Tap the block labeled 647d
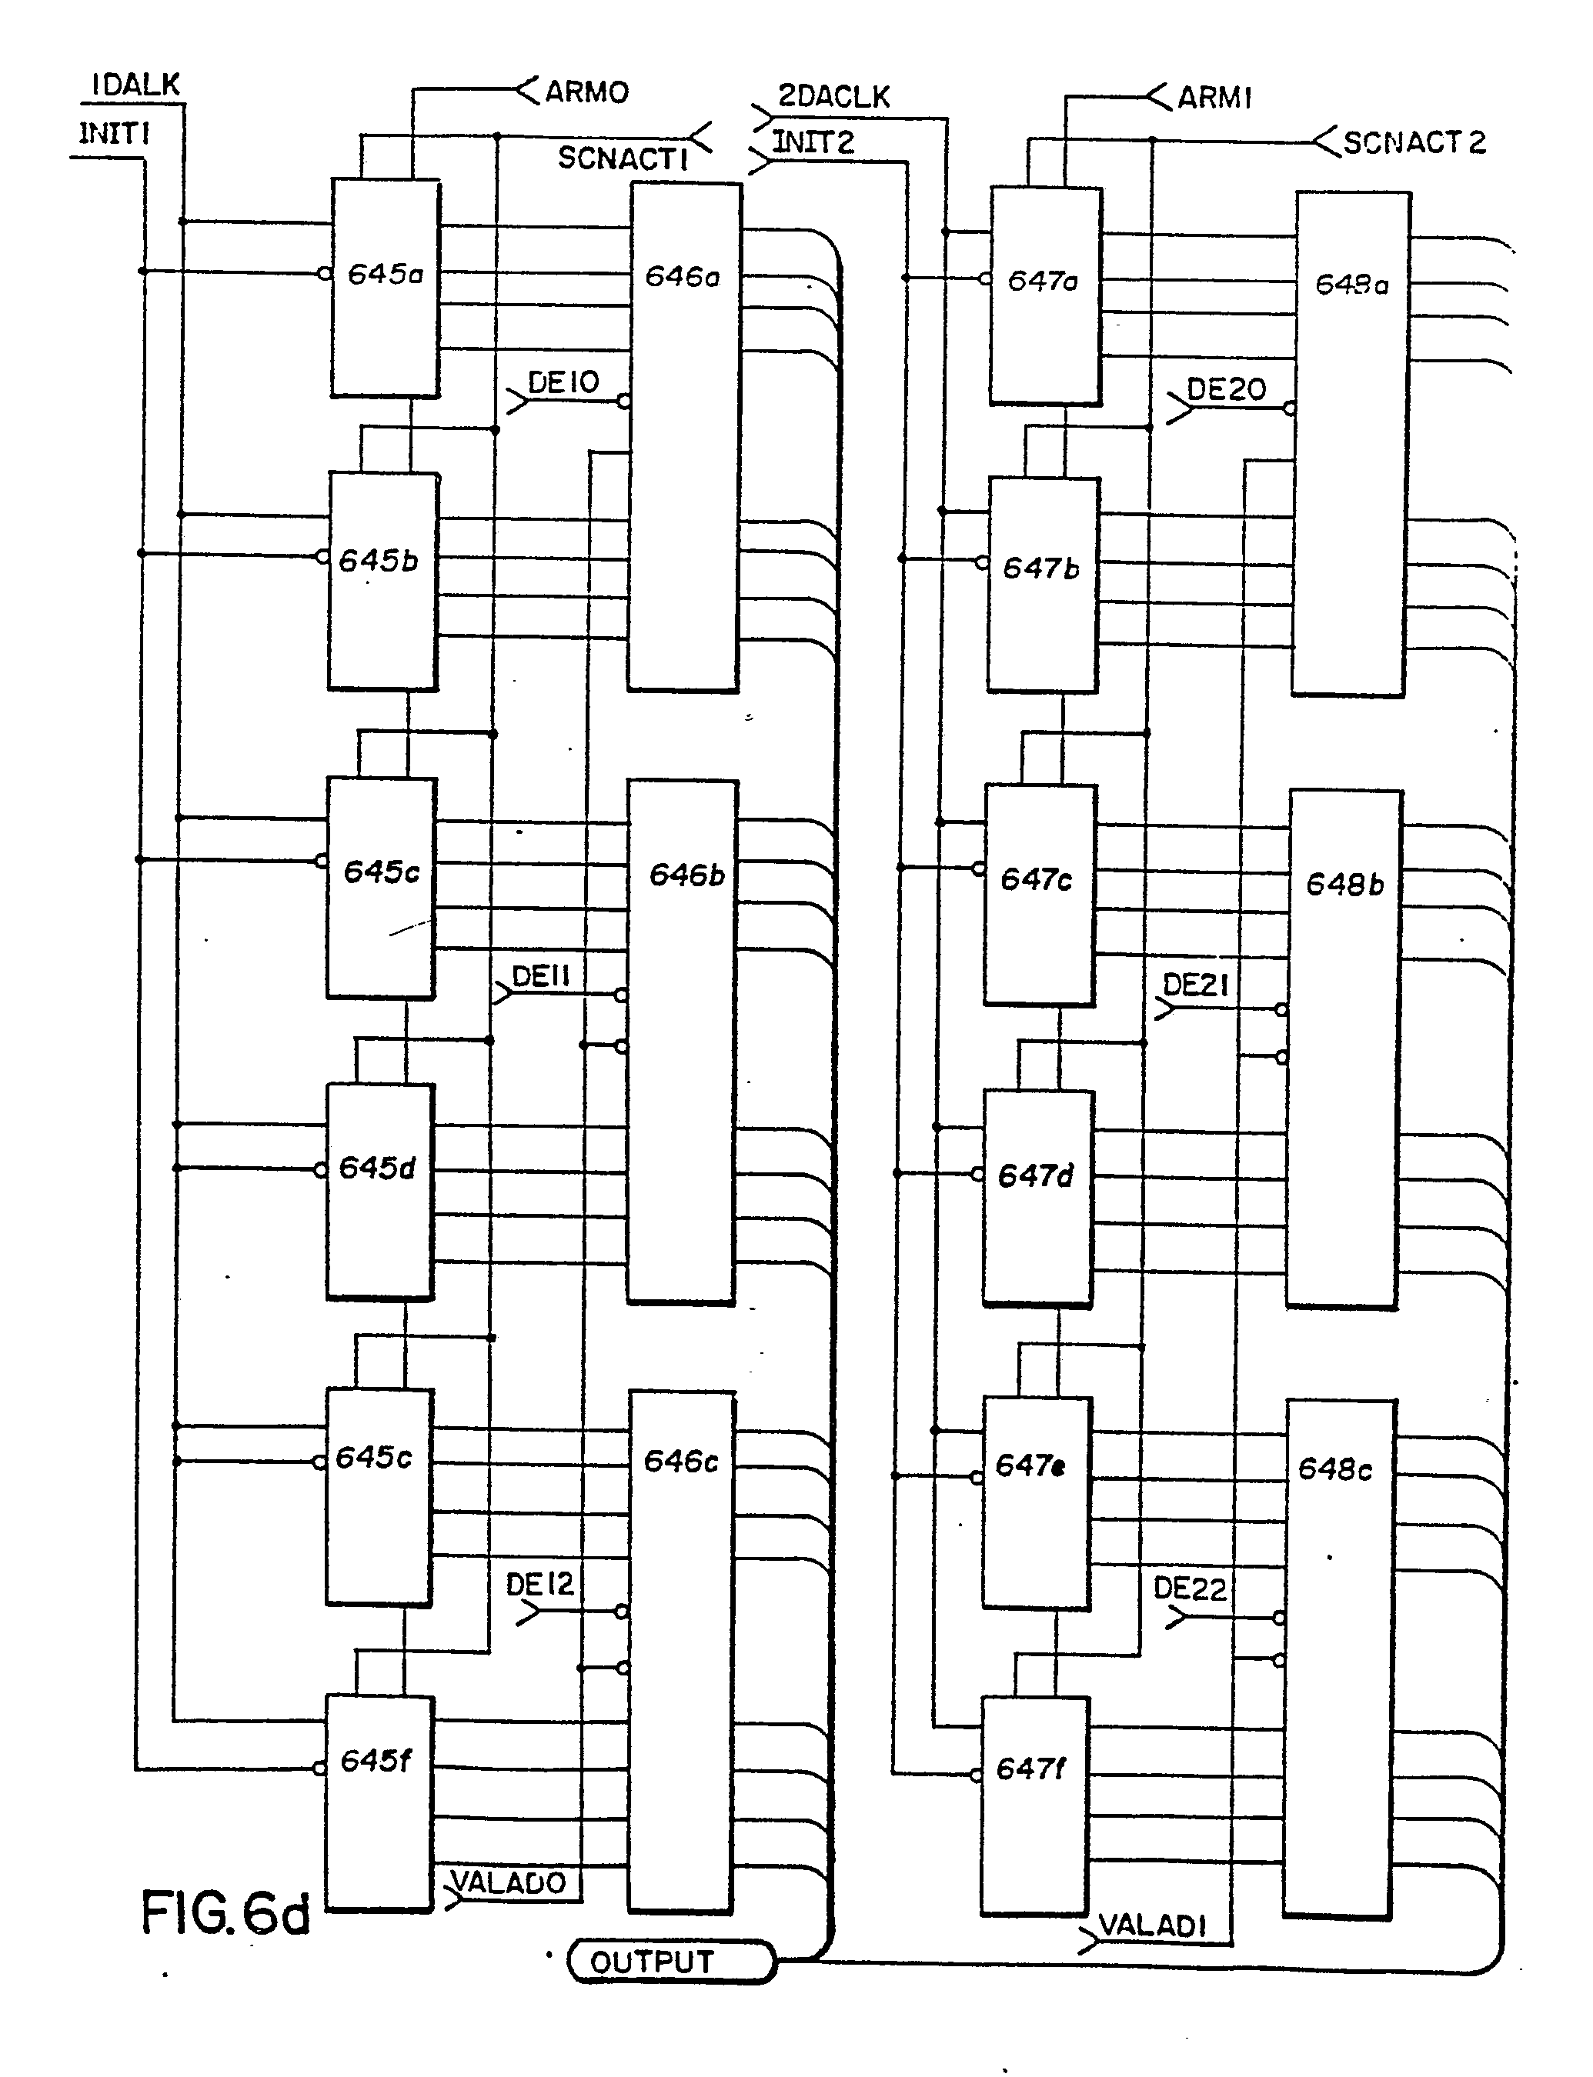point(1037,1197)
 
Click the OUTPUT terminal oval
point(670,1962)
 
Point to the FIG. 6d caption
point(225,1912)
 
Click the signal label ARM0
point(586,92)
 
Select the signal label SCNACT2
point(1414,143)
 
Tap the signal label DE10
point(563,383)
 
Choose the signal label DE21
point(1196,986)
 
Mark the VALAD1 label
point(1152,1925)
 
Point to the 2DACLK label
point(833,97)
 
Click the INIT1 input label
point(114,135)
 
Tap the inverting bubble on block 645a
point(323,273)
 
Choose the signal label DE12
point(539,1584)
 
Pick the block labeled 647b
point(1043,584)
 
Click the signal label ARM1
point(1214,98)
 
